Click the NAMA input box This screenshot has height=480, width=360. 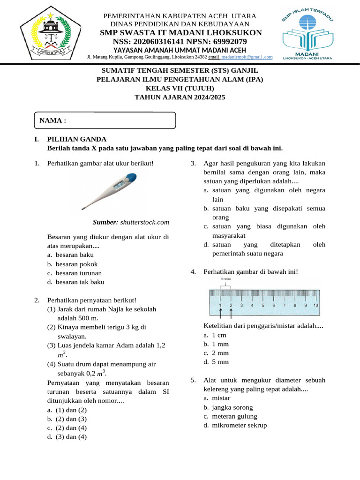[x=105, y=120]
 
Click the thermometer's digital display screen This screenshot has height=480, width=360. [x=119, y=187]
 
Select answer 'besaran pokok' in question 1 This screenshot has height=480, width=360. [x=76, y=264]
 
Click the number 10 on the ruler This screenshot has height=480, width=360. [x=316, y=305]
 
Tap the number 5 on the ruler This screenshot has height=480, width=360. [x=263, y=305]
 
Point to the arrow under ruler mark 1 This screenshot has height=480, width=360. [x=221, y=313]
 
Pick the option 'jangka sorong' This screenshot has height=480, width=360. [x=232, y=407]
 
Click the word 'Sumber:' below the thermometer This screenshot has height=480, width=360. [x=105, y=222]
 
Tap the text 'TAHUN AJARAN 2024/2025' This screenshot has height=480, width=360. [x=180, y=97]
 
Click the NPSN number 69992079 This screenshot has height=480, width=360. [x=226, y=42]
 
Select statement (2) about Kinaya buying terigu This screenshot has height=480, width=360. [x=97, y=327]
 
